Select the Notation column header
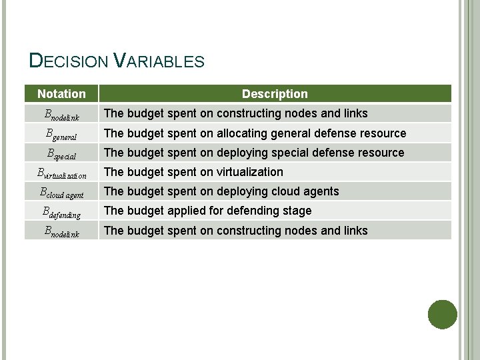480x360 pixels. tap(61, 94)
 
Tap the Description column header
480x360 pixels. tap(275, 94)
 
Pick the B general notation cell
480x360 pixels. tap(61, 134)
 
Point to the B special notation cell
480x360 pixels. tap(61, 153)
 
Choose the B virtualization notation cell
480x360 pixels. tap(61, 173)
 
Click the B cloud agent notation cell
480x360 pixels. tap(61, 193)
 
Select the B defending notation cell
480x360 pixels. tap(61, 212)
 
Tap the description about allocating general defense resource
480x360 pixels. tap(255, 133)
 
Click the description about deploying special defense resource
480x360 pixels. tap(254, 153)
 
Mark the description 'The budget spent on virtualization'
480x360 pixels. tap(193, 172)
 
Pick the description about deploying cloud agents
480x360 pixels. tap(221, 191)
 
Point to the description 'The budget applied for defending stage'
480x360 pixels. tap(207, 211)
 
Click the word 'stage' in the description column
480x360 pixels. tap(297, 211)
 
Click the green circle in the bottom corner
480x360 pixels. tap(442, 314)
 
